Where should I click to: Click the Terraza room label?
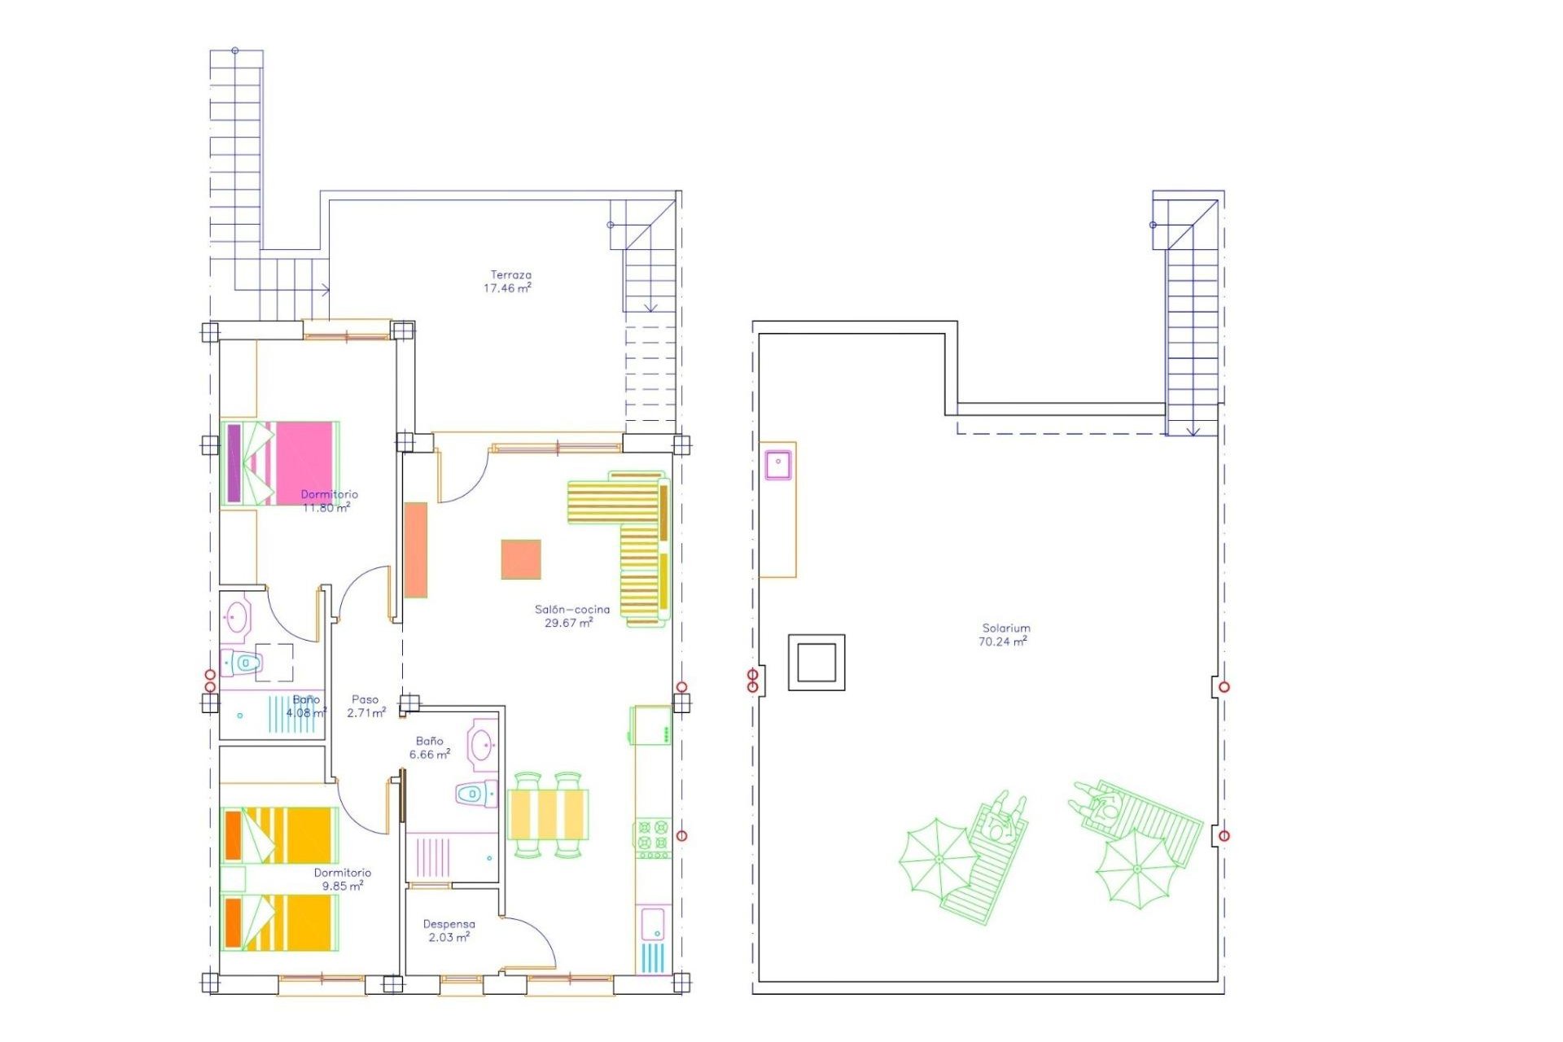pyautogui.click(x=510, y=275)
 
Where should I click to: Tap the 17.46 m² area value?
pyautogui.click(x=507, y=288)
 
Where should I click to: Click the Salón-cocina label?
pyautogui.click(x=571, y=609)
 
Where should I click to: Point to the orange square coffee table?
pyautogui.click(x=521, y=559)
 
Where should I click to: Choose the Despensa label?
pyautogui.click(x=449, y=924)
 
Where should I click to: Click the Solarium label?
pyautogui.click(x=1006, y=628)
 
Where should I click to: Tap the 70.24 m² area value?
pyautogui.click(x=1002, y=641)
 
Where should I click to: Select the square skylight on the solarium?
pyautogui.click(x=817, y=663)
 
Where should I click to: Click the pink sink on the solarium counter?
pyautogui.click(x=778, y=463)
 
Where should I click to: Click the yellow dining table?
pyautogui.click(x=548, y=814)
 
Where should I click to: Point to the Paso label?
pyautogui.click(x=365, y=699)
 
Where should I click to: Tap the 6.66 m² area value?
pyautogui.click(x=430, y=755)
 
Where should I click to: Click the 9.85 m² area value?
pyautogui.click(x=343, y=886)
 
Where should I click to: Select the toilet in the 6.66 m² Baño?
pyautogui.click(x=476, y=793)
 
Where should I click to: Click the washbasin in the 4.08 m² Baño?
pyautogui.click(x=237, y=617)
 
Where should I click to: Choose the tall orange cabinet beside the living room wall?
pyautogui.click(x=416, y=549)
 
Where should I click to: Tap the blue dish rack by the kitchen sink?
pyautogui.click(x=653, y=957)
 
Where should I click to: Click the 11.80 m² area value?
pyautogui.click(x=326, y=508)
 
